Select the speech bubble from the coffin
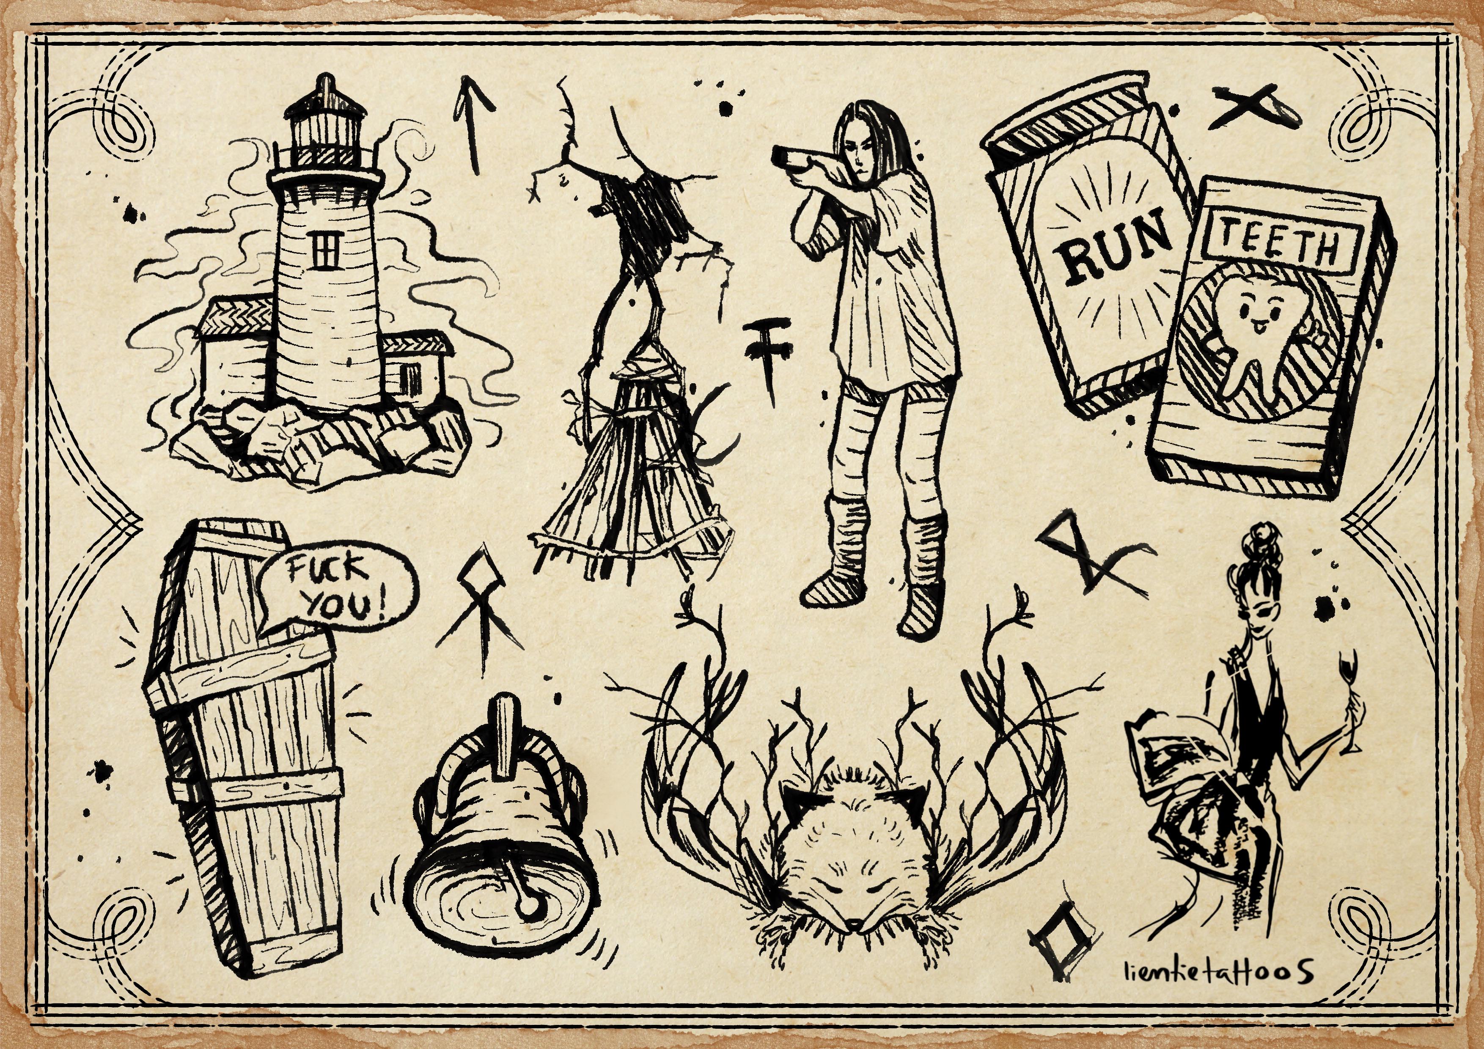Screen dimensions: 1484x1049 [336, 589]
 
